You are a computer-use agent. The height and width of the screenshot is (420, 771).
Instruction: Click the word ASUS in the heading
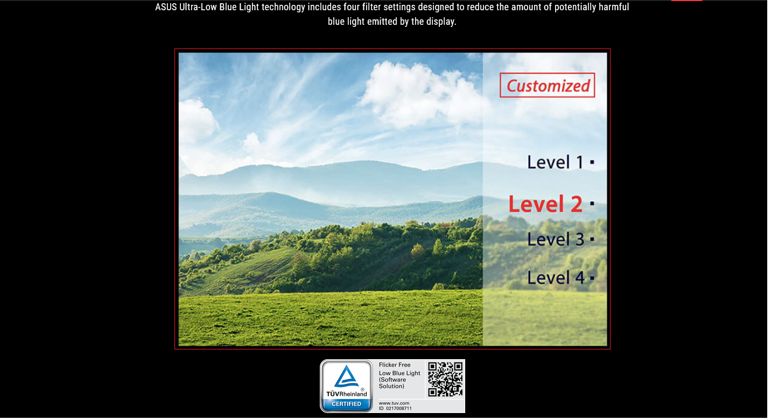(x=166, y=7)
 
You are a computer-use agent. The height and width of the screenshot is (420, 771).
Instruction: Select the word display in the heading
(x=443, y=22)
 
